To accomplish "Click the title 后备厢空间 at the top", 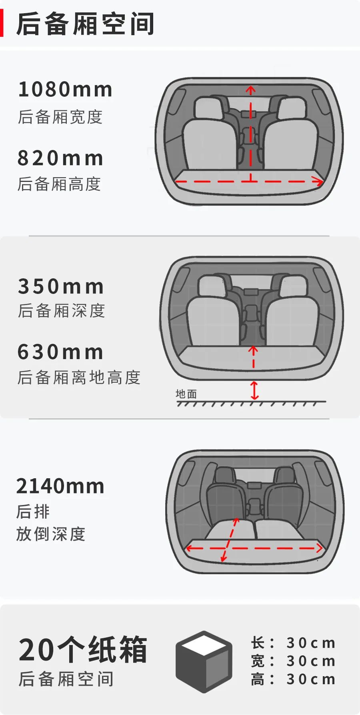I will point(85,24).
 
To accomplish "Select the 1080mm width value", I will point(65,90).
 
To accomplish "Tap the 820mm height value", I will point(60,158).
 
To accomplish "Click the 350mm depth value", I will point(61,287).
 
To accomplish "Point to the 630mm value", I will point(60,352).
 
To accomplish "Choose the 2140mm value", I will point(60,486).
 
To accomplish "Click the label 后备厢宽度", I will point(60,117).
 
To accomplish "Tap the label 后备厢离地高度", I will point(79,377).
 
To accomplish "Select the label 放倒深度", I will point(51,534).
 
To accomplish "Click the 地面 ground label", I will point(186,394).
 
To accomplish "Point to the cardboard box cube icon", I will point(204,661).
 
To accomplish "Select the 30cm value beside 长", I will point(311,643).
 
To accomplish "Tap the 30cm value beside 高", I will point(311,679).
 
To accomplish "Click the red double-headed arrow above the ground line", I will point(254,390).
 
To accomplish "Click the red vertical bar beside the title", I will point(2,24).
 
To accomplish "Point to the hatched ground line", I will point(251,403).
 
